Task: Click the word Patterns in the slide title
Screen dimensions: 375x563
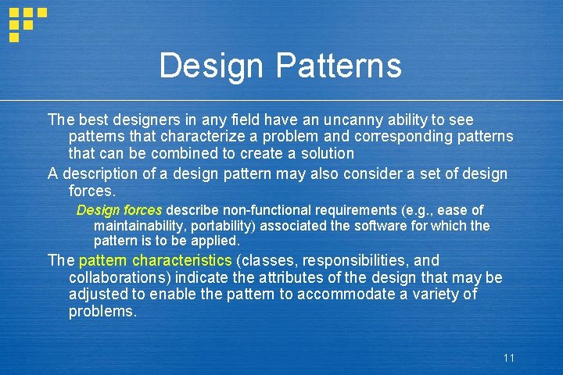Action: pos(339,66)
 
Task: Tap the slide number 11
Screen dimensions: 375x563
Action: pos(509,358)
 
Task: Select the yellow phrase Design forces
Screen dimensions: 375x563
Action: pos(119,210)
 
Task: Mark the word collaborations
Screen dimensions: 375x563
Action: pos(117,277)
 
